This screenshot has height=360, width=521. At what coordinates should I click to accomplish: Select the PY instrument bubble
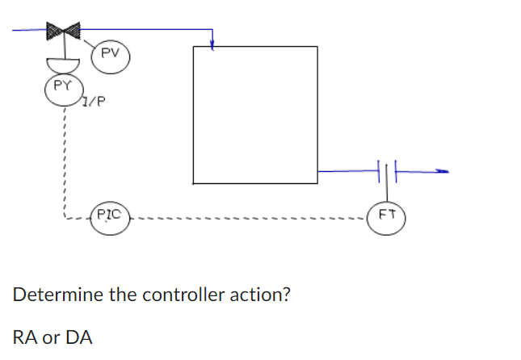pyautogui.click(x=61, y=87)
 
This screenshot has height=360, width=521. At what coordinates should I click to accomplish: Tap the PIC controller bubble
pyautogui.click(x=110, y=217)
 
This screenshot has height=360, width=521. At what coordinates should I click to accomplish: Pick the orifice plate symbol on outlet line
pyautogui.click(x=385, y=170)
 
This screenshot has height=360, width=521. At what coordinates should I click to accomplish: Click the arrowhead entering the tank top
pyautogui.click(x=212, y=45)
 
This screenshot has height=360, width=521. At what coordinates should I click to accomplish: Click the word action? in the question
pyautogui.click(x=261, y=294)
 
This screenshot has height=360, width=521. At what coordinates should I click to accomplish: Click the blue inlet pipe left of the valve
pyautogui.click(x=28, y=31)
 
